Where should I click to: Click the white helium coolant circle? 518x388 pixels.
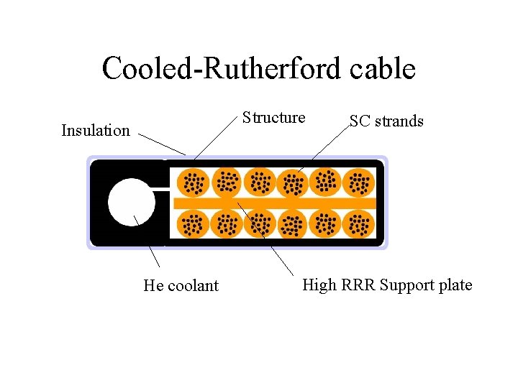coord(132,202)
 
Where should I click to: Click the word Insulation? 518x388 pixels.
coord(96,131)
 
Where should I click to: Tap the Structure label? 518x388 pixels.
coord(273,118)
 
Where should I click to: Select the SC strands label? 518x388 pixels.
coord(386,121)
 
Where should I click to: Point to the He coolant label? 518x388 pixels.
coord(181,286)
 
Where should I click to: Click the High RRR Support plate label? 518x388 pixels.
coord(387,285)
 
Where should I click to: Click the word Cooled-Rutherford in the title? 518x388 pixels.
coord(215,69)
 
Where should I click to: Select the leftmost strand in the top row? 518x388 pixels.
coord(192,183)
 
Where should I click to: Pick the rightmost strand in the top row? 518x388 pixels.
coord(358,183)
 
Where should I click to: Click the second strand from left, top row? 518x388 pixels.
coord(226,183)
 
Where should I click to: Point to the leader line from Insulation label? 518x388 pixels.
coord(162,144)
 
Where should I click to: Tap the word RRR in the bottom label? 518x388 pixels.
coord(356,285)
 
